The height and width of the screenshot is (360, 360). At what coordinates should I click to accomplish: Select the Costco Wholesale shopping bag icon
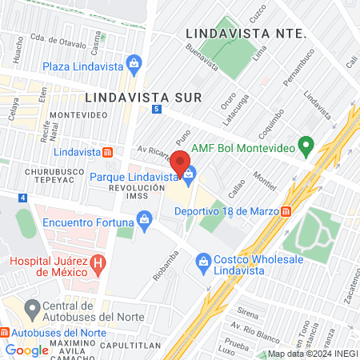[x=203, y=261]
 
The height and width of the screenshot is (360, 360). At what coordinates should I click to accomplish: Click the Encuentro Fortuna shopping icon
[x=144, y=218]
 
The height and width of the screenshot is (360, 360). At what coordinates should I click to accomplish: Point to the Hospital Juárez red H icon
[x=98, y=262]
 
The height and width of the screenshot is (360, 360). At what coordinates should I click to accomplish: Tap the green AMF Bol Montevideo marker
[x=305, y=146]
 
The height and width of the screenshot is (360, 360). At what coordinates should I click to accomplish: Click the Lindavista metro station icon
[x=108, y=152]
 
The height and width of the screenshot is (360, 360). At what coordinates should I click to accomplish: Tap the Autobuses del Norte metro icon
[x=5, y=331]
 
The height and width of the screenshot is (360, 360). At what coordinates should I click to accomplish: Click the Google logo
[x=26, y=350]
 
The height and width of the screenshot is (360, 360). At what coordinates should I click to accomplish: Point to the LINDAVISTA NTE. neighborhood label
[x=246, y=34]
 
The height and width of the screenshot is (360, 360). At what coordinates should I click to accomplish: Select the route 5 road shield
[x=155, y=109]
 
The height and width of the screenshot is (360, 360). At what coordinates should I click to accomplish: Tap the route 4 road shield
[x=24, y=197]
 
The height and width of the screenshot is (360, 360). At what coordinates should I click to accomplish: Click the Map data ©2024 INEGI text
[x=311, y=354]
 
